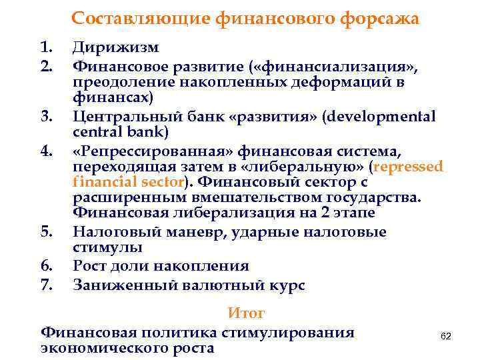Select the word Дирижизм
point(116,49)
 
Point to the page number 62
point(446,337)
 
